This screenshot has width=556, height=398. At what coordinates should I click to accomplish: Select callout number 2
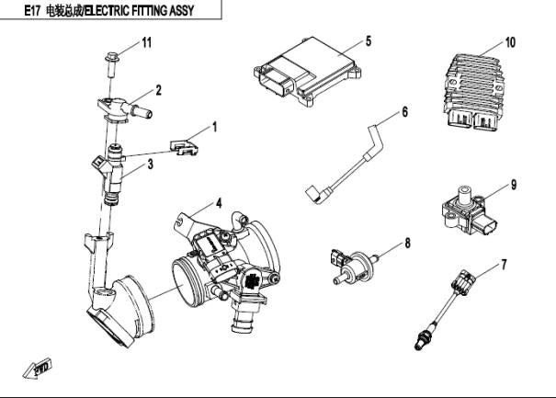pyautogui.click(x=158, y=90)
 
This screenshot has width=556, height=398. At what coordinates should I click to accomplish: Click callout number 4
pyautogui.click(x=219, y=202)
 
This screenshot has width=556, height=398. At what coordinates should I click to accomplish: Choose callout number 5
pyautogui.click(x=368, y=41)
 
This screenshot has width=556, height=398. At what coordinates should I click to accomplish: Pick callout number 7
pyautogui.click(x=503, y=266)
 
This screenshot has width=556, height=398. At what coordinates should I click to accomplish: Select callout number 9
pyautogui.click(x=513, y=185)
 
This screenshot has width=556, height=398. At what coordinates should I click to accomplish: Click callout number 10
pyautogui.click(x=511, y=43)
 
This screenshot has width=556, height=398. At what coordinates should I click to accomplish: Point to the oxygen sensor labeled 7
pyautogui.click(x=448, y=303)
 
